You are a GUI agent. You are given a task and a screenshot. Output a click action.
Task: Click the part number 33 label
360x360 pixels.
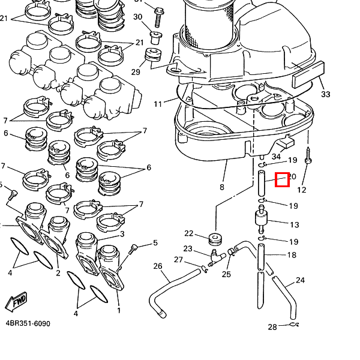(325, 94)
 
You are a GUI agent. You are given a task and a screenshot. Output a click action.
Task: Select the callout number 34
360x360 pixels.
(276, 157)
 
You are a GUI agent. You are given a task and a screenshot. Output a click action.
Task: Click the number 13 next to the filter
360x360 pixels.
(294, 225)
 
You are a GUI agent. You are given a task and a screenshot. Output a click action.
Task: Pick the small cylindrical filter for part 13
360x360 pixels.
(262, 221)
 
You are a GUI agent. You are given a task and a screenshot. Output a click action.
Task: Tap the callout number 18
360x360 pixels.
(292, 255)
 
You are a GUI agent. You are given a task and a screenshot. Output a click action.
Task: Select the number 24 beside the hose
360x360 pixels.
(300, 280)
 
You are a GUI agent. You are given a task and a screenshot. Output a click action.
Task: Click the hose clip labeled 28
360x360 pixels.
(292, 326)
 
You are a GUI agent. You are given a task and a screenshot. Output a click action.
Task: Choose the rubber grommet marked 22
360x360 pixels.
(214, 239)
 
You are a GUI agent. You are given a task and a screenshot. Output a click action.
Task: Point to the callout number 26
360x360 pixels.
(158, 266)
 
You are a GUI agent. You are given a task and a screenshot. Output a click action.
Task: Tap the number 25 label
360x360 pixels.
(226, 274)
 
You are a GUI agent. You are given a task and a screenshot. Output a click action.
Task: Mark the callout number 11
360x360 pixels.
(158, 104)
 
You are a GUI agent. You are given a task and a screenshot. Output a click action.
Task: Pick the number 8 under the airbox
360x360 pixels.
(221, 187)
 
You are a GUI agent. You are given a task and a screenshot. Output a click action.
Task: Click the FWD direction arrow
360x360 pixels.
(16, 301)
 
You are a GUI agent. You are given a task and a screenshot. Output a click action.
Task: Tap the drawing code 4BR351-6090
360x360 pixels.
(28, 324)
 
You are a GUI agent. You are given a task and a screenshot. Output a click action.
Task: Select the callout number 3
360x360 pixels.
(122, 234)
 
